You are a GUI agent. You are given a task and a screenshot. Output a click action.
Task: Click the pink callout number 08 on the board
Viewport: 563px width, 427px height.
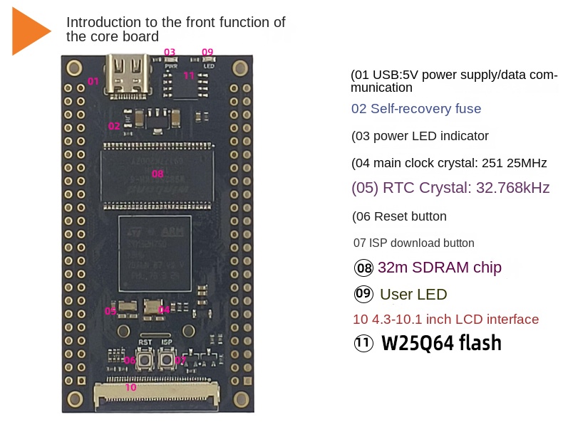point(157,173)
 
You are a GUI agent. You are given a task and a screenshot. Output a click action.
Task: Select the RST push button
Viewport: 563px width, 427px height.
point(145,359)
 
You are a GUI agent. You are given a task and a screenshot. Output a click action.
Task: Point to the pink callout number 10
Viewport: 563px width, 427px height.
point(130,388)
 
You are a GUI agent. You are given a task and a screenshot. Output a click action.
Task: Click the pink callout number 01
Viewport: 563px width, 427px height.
point(93,81)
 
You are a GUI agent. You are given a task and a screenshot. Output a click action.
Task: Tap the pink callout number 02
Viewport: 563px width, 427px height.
point(114,126)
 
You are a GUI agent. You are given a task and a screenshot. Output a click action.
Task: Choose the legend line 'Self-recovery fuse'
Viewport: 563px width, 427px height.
point(416,109)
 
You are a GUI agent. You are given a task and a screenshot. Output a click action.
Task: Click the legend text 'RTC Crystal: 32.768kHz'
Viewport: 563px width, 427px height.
point(450,189)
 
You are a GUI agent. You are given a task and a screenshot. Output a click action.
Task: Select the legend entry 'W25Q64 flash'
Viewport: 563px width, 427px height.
point(441,344)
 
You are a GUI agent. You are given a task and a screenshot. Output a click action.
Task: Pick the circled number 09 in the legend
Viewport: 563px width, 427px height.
point(364,294)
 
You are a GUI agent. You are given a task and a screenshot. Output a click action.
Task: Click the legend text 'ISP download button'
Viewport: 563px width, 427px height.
point(414,243)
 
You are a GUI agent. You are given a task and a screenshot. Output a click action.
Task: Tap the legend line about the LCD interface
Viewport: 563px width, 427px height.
point(445,320)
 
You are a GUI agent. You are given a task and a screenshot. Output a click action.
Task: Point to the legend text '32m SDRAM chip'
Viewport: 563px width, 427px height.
point(439,268)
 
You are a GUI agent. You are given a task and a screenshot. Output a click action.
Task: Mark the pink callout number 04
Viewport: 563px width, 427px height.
point(165,310)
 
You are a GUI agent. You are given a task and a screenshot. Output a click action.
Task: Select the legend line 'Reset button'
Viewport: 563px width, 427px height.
point(399,216)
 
